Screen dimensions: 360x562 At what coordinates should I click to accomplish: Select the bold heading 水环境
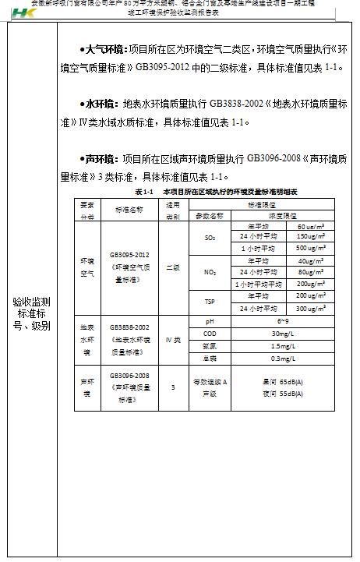[x=99, y=104]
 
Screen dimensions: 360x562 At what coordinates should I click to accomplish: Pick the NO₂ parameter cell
[x=210, y=272]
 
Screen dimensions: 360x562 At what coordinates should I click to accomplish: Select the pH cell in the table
[x=209, y=321]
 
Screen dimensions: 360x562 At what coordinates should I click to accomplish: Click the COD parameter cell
[x=209, y=334]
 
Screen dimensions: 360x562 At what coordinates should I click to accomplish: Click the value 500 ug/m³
[x=310, y=248]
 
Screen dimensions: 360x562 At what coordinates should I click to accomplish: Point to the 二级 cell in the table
[x=173, y=267]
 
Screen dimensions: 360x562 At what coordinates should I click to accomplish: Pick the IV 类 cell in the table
[x=173, y=340]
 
